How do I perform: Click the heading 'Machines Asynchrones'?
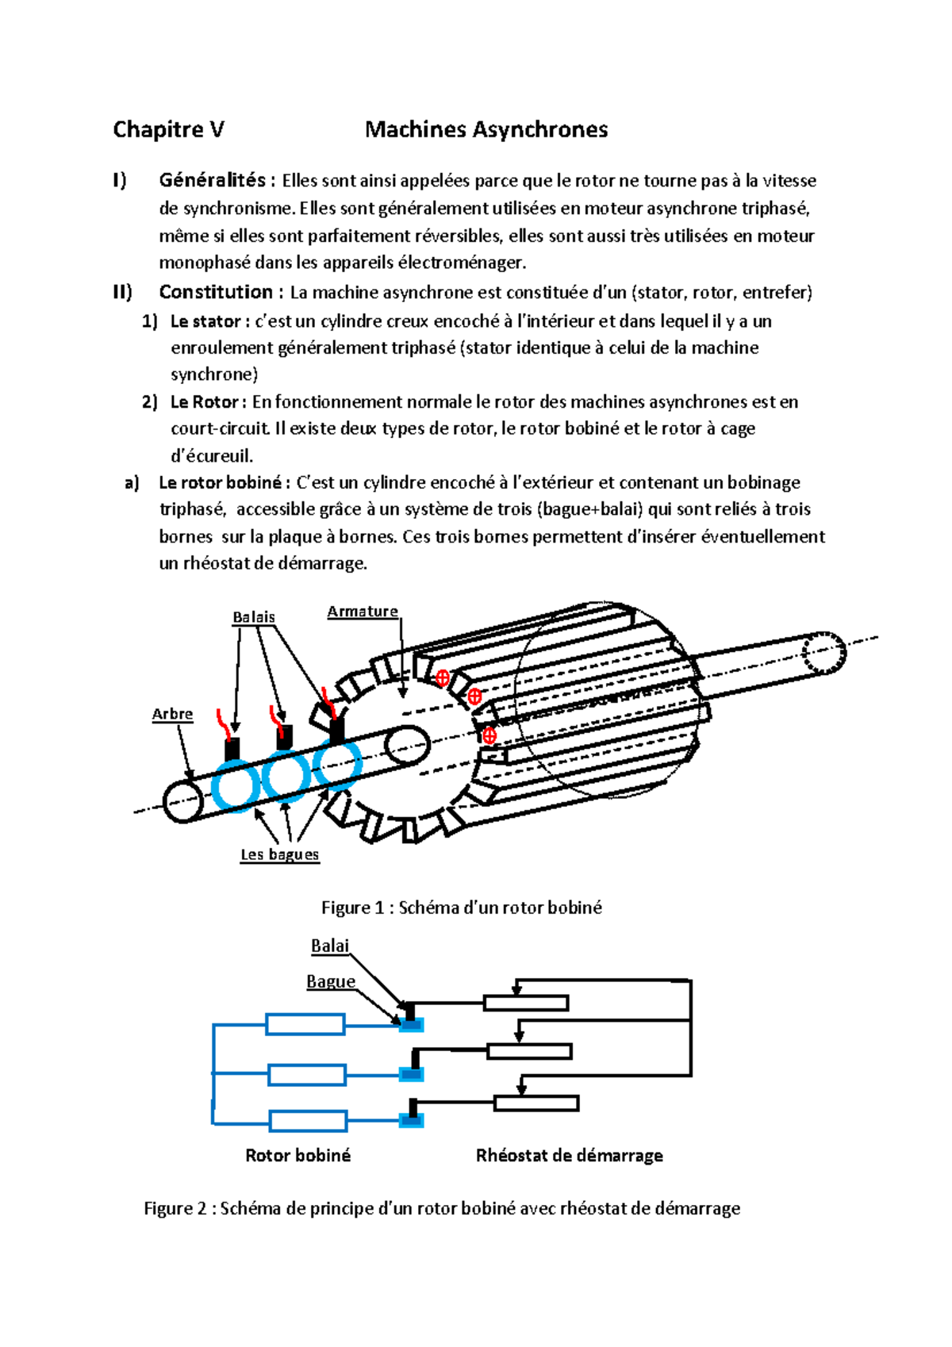pos(486,129)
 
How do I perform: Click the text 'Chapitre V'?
pos(168,129)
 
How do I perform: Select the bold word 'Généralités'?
pos(212,180)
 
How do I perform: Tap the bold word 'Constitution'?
pos(216,292)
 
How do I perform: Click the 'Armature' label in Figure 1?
pos(363,611)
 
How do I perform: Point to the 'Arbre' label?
pos(172,714)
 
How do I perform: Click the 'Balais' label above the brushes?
pos(254,616)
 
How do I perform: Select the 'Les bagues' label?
pos(279,854)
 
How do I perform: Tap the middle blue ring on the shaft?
pos(286,775)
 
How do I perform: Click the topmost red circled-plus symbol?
pos(443,677)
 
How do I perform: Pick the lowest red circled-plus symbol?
pos(489,735)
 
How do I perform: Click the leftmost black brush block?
pos(232,749)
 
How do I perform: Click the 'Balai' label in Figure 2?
pos(330,946)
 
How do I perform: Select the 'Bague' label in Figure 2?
pos(331,981)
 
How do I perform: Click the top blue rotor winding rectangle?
pos(305,1024)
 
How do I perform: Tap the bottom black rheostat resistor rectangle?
pos(536,1103)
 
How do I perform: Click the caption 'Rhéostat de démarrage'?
pos(569,1155)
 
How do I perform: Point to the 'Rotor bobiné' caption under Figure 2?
pos(297,1155)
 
